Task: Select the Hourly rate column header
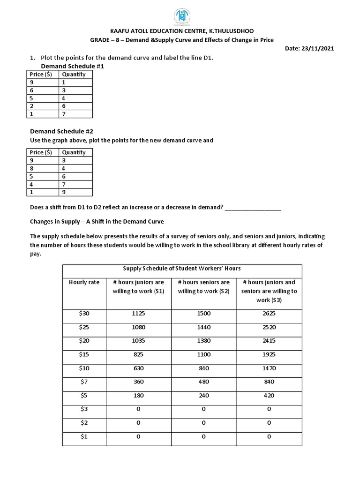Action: click(x=84, y=282)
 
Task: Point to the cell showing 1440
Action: click(x=204, y=327)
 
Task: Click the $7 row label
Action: click(x=84, y=382)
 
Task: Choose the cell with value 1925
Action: click(x=269, y=354)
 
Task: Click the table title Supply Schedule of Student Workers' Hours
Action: click(x=182, y=269)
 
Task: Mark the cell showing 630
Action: click(x=138, y=368)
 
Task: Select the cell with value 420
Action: click(x=269, y=395)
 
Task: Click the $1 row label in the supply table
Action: click(x=84, y=436)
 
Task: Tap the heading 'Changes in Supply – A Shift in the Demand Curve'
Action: click(x=97, y=221)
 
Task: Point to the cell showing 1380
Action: click(x=204, y=341)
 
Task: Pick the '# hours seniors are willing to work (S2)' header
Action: click(x=204, y=286)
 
